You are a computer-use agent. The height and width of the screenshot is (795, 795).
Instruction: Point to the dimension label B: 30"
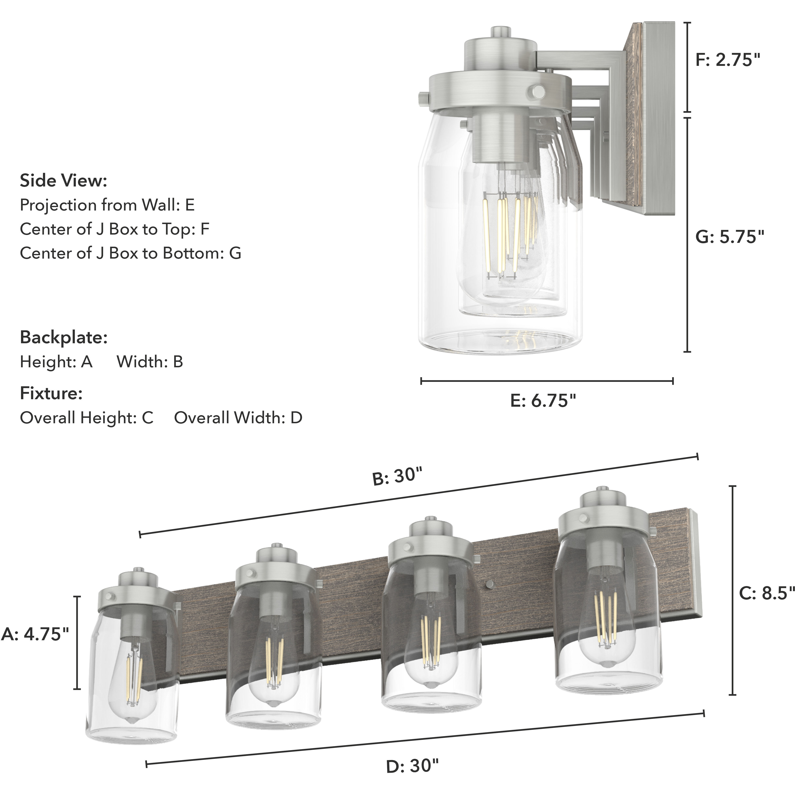click(397, 477)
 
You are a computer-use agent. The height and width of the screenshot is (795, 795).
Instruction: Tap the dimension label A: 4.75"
click(35, 634)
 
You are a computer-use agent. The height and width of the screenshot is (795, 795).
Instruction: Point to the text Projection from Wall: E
click(107, 205)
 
